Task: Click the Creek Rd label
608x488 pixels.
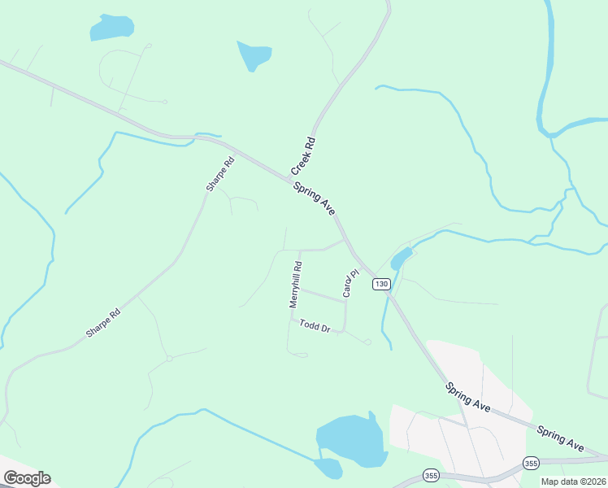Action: (303, 156)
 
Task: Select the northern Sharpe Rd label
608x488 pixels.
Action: (220, 174)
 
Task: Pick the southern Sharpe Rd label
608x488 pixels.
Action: (103, 323)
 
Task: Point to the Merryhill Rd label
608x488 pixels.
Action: (295, 284)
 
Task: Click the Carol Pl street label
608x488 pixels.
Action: (350, 284)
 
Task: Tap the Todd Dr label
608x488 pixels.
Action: (315, 326)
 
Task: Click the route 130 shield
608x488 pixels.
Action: (382, 284)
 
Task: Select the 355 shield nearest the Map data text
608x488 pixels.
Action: (531, 463)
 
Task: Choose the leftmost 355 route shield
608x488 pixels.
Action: (431, 474)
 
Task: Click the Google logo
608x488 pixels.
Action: (27, 477)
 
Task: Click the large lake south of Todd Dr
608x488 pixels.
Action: (350, 442)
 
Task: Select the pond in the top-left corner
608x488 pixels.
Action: (111, 28)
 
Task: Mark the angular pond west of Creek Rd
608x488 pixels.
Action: (254, 54)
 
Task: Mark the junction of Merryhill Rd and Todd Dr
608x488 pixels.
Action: (291, 318)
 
